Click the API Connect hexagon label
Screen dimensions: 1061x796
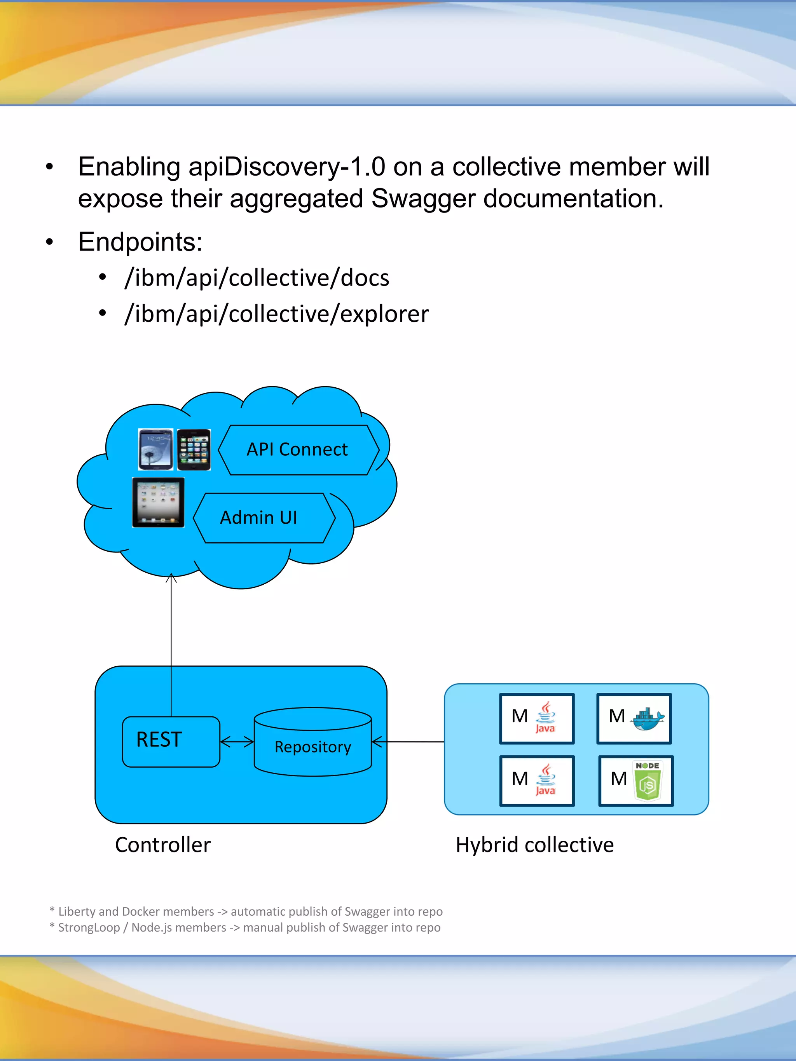tap(297, 449)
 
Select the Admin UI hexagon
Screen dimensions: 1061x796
tap(259, 517)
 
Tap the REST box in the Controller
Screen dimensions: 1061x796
tap(170, 741)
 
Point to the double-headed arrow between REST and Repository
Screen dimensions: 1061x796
tap(237, 742)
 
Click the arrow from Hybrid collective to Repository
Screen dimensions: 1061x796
tap(408, 742)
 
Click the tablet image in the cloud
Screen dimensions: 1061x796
tap(158, 502)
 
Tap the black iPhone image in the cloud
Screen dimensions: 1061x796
tap(194, 449)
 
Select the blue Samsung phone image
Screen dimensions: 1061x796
tap(155, 449)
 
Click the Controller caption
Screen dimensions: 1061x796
tap(162, 845)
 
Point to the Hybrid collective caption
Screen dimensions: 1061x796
tap(534, 845)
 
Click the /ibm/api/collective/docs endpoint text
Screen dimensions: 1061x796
tap(257, 278)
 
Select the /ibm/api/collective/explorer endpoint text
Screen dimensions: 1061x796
tap(276, 314)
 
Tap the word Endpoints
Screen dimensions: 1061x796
tap(140, 241)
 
